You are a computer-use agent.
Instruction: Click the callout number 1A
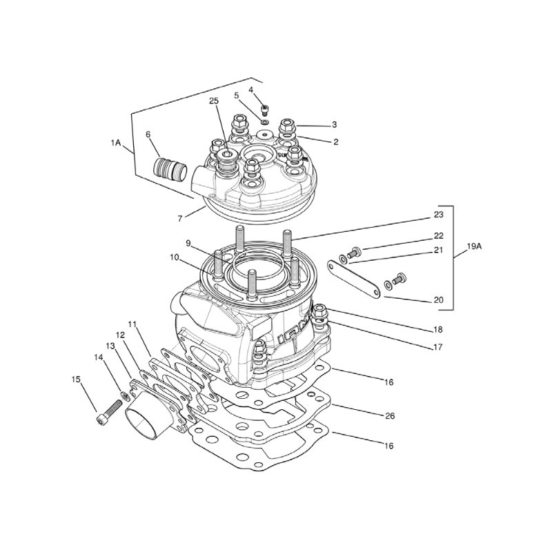click(x=115, y=143)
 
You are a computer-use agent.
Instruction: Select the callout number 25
click(x=214, y=101)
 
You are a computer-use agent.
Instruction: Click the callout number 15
click(x=76, y=379)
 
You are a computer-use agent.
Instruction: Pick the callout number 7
click(x=179, y=218)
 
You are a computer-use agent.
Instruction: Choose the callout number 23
click(x=438, y=215)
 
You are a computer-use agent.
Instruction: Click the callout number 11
click(x=132, y=324)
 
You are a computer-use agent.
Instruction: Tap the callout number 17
click(x=437, y=348)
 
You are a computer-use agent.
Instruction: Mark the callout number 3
click(x=334, y=125)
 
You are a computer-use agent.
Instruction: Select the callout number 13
click(x=110, y=344)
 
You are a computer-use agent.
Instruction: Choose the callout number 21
click(x=437, y=250)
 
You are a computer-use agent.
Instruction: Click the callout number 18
click(x=437, y=330)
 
